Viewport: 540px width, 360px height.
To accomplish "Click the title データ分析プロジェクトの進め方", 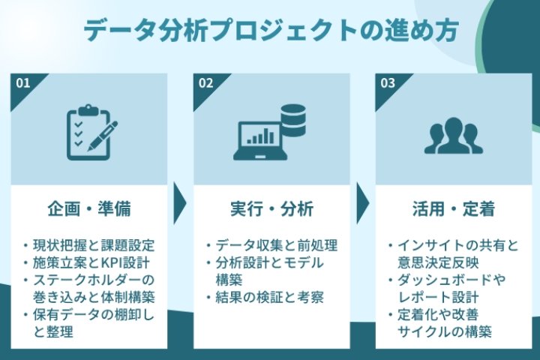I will pyautogui.click(x=270, y=32).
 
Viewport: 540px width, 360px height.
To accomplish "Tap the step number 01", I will pyautogui.click(x=23, y=83).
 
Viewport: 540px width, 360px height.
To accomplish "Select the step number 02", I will pyautogui.click(x=205, y=83).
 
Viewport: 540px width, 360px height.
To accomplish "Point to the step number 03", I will pyautogui.click(x=388, y=83).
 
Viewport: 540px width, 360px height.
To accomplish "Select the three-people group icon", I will pyautogui.click(x=453, y=136).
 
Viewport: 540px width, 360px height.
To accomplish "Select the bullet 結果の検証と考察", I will pyautogui.click(x=268, y=297).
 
